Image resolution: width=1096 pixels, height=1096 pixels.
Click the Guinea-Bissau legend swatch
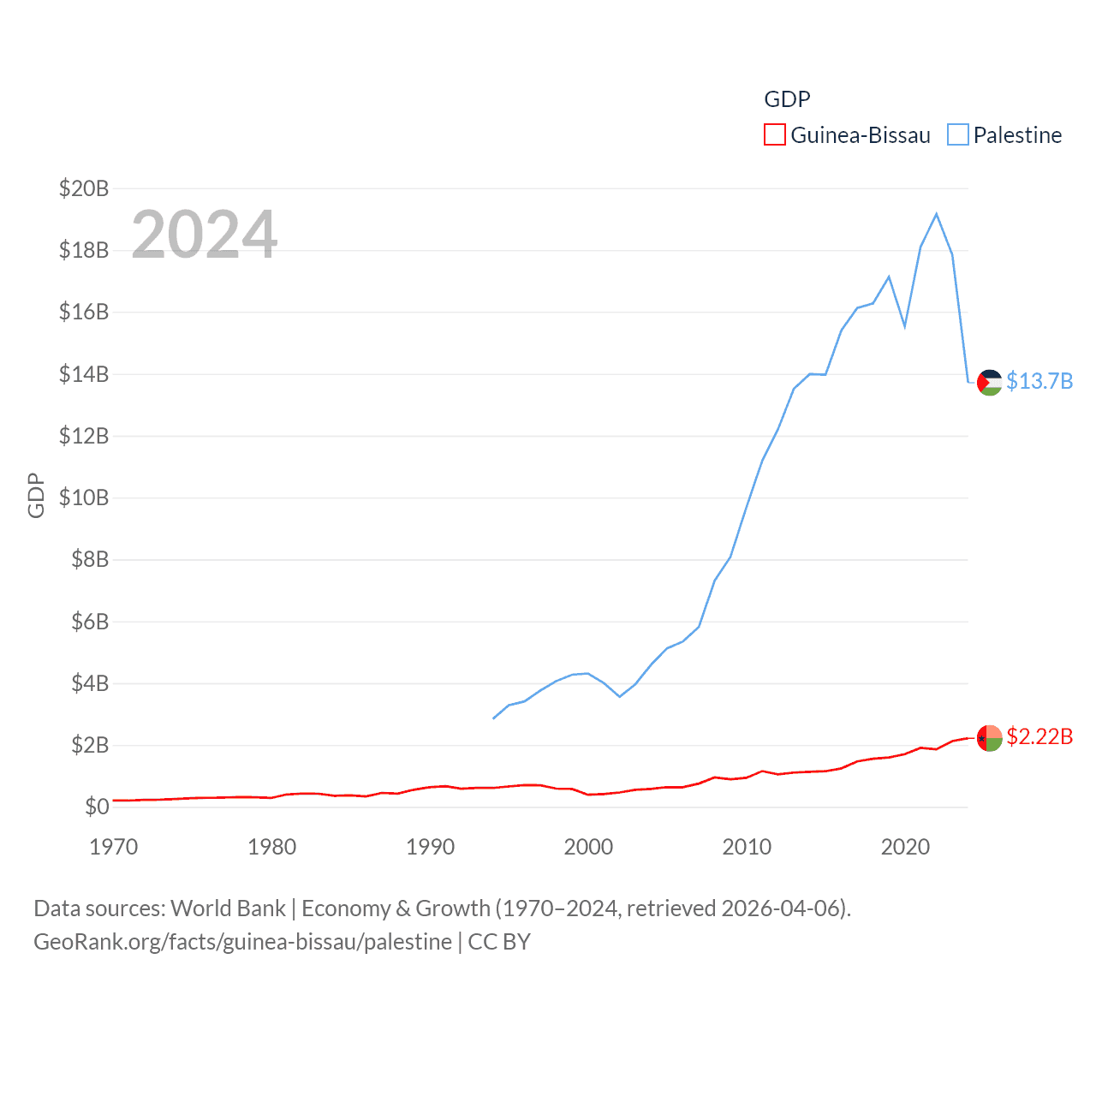click(774, 135)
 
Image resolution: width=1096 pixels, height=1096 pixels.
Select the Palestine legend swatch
click(957, 135)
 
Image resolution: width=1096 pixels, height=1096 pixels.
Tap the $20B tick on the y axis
click(84, 188)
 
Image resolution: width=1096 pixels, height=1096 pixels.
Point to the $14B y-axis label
click(84, 374)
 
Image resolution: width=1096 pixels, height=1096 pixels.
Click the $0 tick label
click(97, 807)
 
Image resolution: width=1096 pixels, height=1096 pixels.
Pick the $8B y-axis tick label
click(90, 560)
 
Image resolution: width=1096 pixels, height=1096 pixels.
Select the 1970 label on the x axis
click(114, 847)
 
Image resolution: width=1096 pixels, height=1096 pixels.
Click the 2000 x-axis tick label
click(588, 847)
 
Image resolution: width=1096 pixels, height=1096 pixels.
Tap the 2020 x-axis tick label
click(905, 847)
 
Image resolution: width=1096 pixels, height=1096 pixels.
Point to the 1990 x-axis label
click(430, 847)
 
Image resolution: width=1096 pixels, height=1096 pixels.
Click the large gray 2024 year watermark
click(204, 234)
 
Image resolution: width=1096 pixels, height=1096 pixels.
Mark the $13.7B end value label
click(1039, 381)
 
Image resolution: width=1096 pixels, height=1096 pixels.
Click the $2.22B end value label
click(1039, 736)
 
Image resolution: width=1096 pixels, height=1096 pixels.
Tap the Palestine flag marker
click(990, 382)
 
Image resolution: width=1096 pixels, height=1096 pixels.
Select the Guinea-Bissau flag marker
click(990, 737)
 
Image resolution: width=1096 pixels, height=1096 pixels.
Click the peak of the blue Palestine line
click(937, 214)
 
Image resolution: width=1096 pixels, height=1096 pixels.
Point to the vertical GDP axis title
click(36, 495)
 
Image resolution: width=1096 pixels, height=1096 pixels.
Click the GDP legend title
click(787, 99)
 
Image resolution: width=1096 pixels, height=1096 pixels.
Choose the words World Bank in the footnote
click(228, 908)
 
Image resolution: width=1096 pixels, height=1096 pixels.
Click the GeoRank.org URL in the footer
click(242, 942)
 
